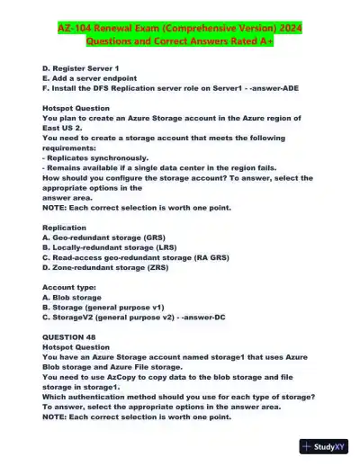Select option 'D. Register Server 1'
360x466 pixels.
[80, 68]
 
